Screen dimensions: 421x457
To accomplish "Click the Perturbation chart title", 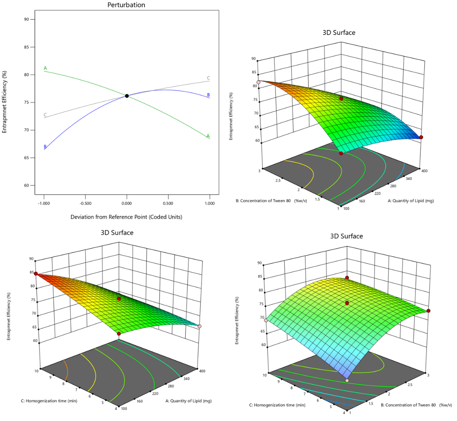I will (127, 5).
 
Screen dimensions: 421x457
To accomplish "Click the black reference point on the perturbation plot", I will (127, 96).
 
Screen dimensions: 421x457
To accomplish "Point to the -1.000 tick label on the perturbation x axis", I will (43, 203).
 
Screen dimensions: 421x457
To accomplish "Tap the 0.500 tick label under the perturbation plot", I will (168, 203).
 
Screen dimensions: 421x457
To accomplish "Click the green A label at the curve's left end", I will (45, 68).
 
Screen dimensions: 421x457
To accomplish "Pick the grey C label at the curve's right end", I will (208, 78).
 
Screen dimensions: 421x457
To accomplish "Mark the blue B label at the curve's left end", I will (45, 147).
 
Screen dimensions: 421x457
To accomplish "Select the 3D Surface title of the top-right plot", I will (339, 33).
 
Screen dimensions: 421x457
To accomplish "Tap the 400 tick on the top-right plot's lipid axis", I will (423, 169).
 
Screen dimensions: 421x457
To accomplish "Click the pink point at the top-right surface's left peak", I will (259, 82).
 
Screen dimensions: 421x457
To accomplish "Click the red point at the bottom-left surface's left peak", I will (36, 274).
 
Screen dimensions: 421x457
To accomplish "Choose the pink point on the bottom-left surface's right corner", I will (199, 326).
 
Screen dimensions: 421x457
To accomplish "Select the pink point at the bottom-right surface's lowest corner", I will (347, 381).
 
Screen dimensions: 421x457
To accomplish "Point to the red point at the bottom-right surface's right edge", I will (429, 310).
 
